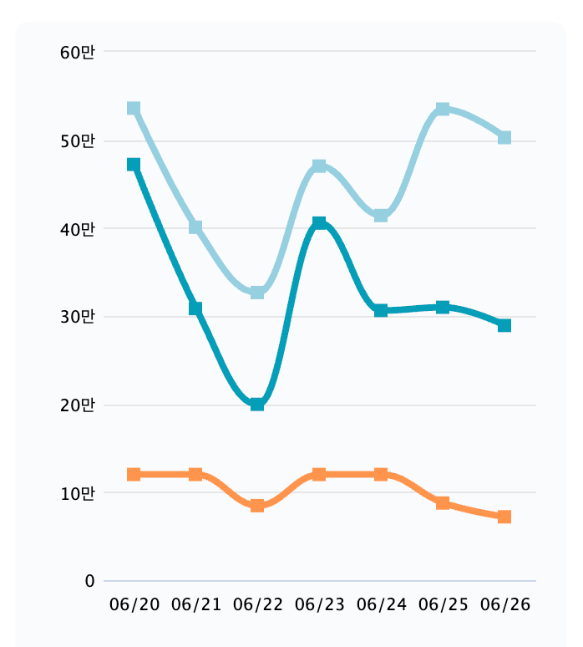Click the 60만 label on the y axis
pos(78,53)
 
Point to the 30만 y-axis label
pos(78,317)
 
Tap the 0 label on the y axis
pos(89,581)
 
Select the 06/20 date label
pos(134,604)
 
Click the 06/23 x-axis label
pos(319,604)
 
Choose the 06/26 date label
pos(504,604)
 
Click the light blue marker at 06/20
pos(134,109)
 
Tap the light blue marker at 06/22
pos(257,292)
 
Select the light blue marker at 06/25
pos(443,109)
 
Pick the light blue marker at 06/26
pos(504,137)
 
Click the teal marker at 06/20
pos(134,165)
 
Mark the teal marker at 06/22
pos(257,404)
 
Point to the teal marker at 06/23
pos(319,223)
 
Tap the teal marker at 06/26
pos(504,325)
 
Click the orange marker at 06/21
pos(195,474)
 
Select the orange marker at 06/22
pos(257,505)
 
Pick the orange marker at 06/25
pos(443,502)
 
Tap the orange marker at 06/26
pos(504,517)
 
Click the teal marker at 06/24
pos(381,310)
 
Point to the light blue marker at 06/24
pos(381,216)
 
